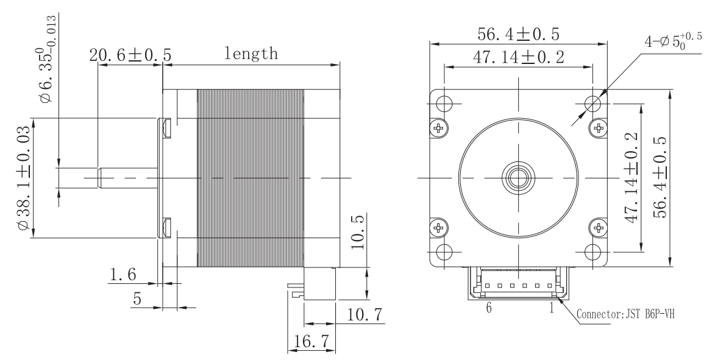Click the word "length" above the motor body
pos(251,54)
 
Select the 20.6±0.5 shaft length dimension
pos(130,55)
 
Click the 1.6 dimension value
pos(122,274)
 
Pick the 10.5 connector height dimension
pos(359,232)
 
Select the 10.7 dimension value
pos(364,314)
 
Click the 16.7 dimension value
pos(312,341)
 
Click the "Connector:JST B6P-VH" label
pos(625,314)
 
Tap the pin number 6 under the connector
pos(489,308)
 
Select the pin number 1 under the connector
pos(551,308)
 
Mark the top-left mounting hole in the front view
pos(444,103)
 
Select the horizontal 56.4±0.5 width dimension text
pos(518,34)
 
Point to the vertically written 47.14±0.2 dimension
pos(631,178)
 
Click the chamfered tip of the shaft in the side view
pos(99,178)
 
